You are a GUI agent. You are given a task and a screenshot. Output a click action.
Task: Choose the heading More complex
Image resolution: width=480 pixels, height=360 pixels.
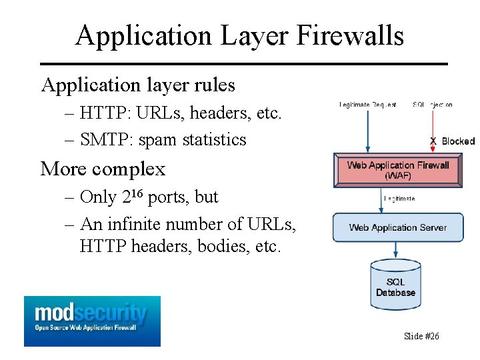103,169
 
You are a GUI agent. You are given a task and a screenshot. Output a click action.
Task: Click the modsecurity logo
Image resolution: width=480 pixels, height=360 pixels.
92,321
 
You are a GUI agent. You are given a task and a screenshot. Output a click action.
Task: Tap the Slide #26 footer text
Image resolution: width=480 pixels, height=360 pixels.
421,336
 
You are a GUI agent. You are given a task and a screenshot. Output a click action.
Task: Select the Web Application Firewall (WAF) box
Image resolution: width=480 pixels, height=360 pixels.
398,170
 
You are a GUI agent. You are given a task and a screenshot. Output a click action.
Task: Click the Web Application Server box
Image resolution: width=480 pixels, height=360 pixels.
398,227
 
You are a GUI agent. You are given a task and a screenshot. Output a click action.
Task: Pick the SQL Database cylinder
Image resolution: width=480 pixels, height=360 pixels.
395,287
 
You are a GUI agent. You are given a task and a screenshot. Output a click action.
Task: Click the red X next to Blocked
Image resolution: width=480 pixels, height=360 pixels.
433,141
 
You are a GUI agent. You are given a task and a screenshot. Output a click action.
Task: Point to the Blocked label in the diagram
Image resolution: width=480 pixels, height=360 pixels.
458,141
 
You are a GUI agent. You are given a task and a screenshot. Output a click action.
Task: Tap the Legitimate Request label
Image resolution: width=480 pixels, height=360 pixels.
367,105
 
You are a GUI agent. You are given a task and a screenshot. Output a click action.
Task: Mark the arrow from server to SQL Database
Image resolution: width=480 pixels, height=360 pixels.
397,250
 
